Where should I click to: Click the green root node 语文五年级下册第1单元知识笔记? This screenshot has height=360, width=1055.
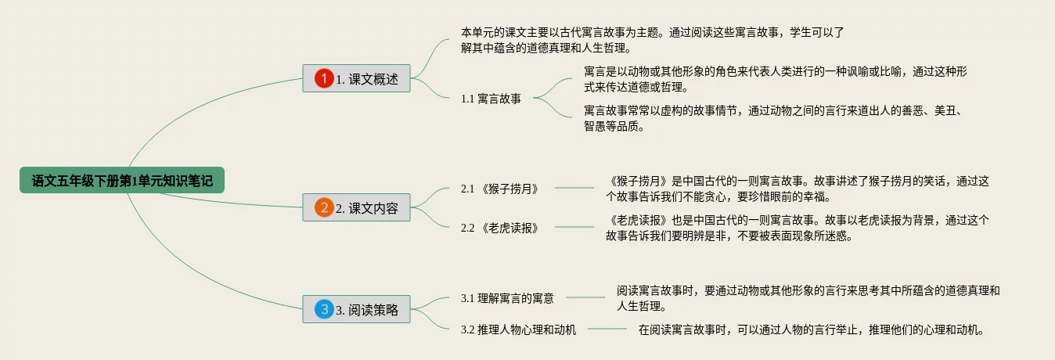(x=122, y=181)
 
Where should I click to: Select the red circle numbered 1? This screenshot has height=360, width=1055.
(x=324, y=78)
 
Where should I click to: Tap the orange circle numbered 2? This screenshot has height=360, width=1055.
(x=324, y=207)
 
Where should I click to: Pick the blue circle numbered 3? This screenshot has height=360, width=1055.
(x=324, y=309)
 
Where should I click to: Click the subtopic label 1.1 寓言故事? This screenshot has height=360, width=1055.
(x=491, y=99)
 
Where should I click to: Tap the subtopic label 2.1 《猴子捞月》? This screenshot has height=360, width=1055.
(x=505, y=189)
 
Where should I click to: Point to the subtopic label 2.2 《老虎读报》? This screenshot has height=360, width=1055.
(x=505, y=227)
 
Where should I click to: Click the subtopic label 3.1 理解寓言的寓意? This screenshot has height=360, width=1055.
(x=507, y=297)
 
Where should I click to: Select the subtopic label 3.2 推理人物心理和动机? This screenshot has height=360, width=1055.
(x=518, y=329)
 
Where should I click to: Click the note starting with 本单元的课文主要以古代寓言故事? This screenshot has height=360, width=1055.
(x=651, y=40)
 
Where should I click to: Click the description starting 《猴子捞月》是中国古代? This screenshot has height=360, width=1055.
(x=798, y=189)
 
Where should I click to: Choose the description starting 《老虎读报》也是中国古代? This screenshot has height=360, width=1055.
(x=798, y=228)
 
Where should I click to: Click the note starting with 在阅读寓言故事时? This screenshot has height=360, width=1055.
(x=810, y=329)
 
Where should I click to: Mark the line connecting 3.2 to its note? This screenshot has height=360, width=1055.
(x=607, y=329)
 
